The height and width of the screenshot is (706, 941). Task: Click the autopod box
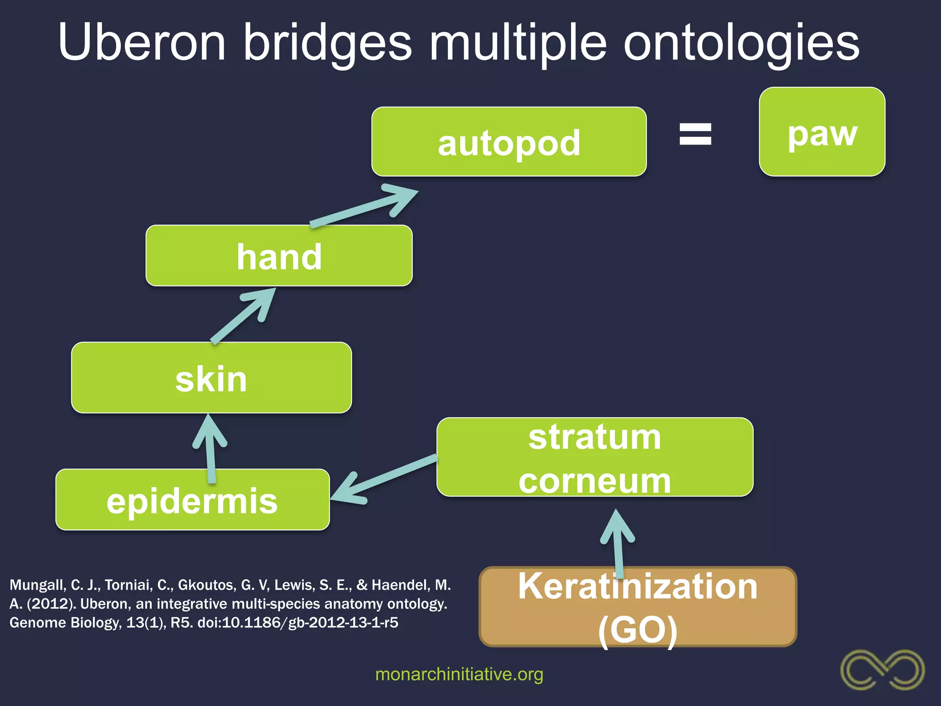509,142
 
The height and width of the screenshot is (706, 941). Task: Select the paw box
822,132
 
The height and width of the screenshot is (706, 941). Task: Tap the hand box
279,256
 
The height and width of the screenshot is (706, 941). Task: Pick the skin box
211,378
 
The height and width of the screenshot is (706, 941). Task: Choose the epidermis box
193,500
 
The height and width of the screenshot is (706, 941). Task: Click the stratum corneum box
595,457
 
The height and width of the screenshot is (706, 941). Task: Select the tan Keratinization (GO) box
638,607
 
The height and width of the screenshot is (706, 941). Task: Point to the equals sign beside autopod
695,134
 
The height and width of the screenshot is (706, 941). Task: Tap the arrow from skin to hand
244,315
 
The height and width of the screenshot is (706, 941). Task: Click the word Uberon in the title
142,42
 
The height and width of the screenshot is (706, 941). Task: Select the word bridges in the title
327,42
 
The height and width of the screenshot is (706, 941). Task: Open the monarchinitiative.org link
459,674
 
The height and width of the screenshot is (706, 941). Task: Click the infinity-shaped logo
882,669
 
